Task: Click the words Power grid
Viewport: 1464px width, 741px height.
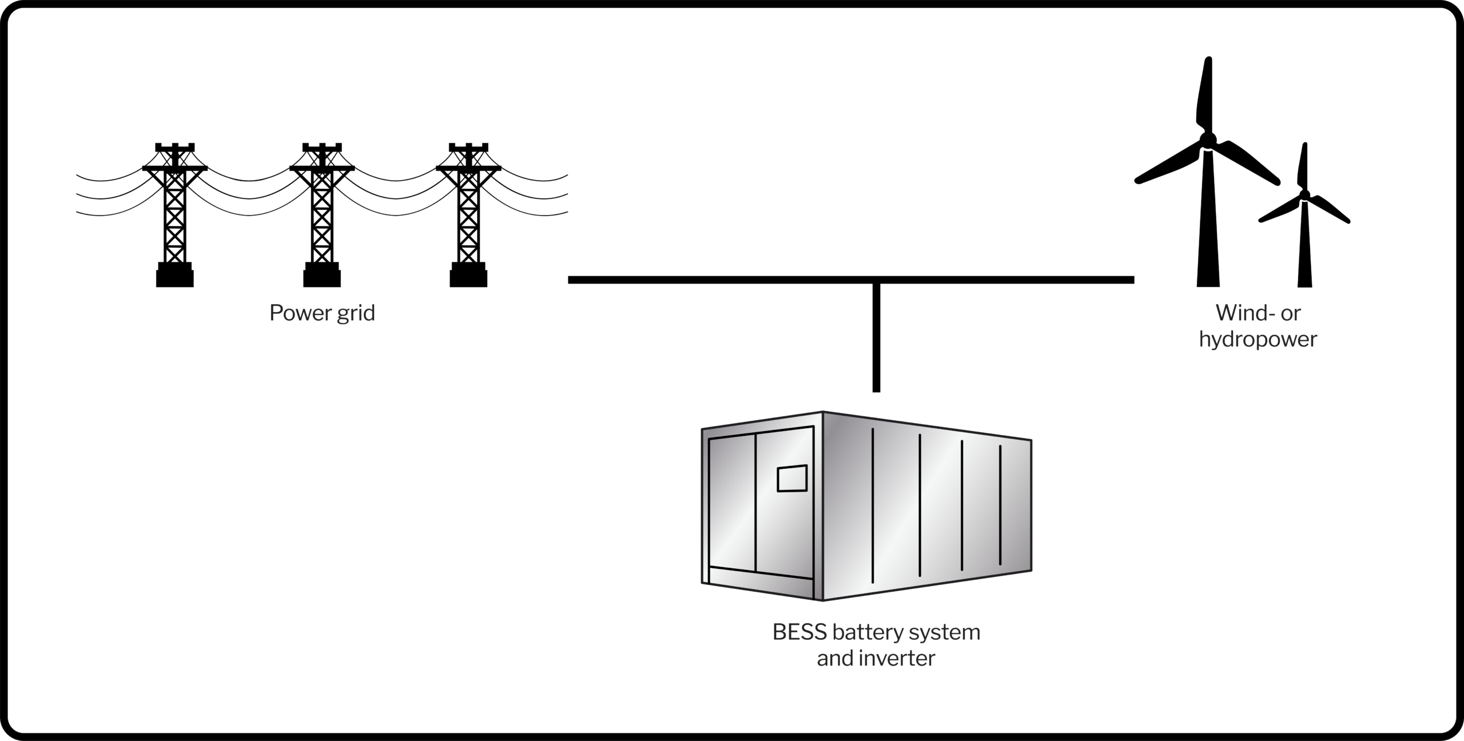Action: click(x=322, y=313)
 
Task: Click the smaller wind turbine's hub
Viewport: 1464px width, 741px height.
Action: click(x=1304, y=194)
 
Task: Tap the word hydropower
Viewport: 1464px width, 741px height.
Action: click(x=1258, y=339)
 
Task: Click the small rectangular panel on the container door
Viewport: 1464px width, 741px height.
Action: click(x=792, y=479)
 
